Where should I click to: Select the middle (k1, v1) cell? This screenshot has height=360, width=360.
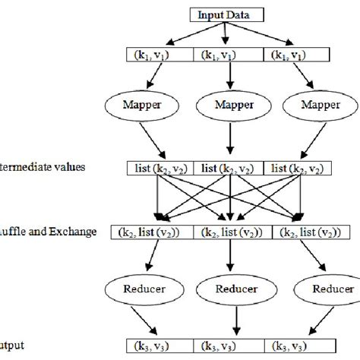228,55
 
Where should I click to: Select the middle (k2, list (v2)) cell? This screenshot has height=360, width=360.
229,232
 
